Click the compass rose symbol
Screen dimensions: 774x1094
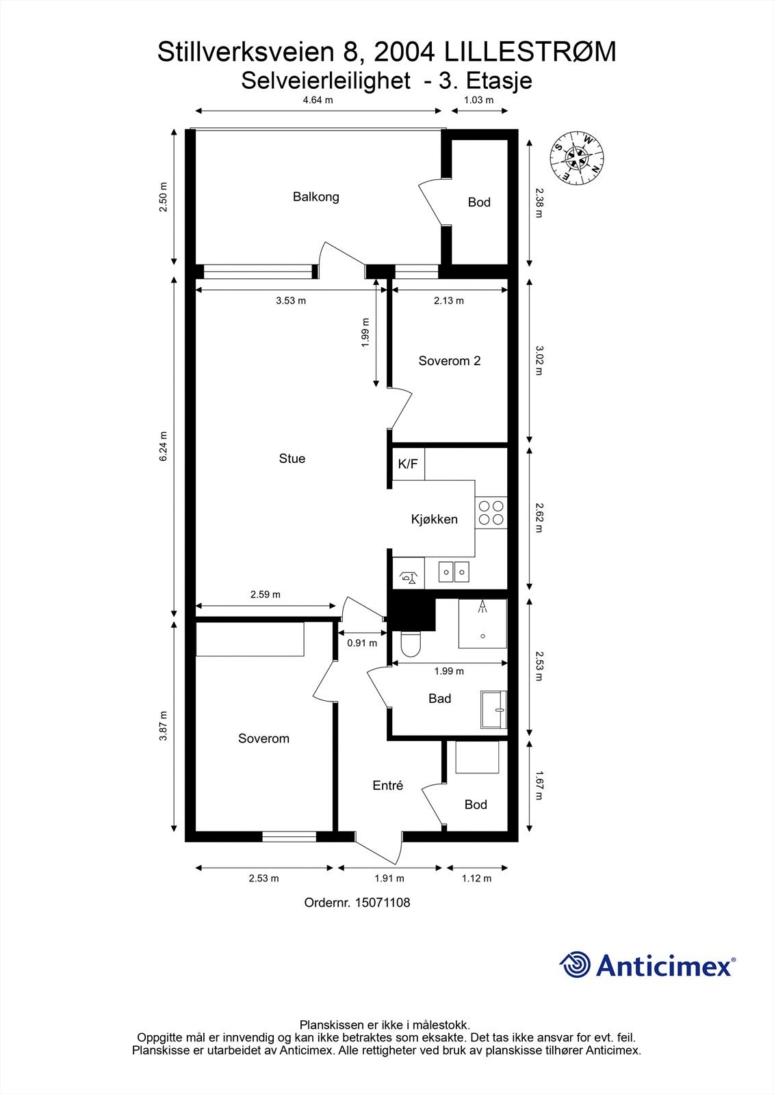[577, 158]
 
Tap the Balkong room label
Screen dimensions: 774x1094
[316, 197]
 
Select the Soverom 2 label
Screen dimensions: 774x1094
[450, 361]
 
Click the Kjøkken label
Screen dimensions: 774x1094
[434, 520]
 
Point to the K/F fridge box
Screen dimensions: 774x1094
[409, 464]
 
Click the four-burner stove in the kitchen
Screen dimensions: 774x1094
[491, 512]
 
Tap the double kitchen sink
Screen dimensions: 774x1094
[454, 572]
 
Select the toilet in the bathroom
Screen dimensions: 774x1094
[410, 644]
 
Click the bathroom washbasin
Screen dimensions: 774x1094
[494, 710]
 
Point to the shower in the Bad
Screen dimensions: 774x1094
[482, 624]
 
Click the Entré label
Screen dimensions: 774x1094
[388, 786]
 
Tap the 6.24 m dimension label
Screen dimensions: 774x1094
[164, 446]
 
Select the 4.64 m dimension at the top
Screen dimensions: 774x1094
[318, 100]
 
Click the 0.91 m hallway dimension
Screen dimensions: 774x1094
[362, 643]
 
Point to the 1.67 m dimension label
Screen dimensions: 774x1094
[539, 786]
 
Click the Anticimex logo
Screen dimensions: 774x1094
[647, 965]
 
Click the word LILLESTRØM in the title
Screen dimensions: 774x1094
[530, 52]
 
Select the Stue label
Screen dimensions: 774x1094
[292, 459]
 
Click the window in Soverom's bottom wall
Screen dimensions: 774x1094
[289, 837]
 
